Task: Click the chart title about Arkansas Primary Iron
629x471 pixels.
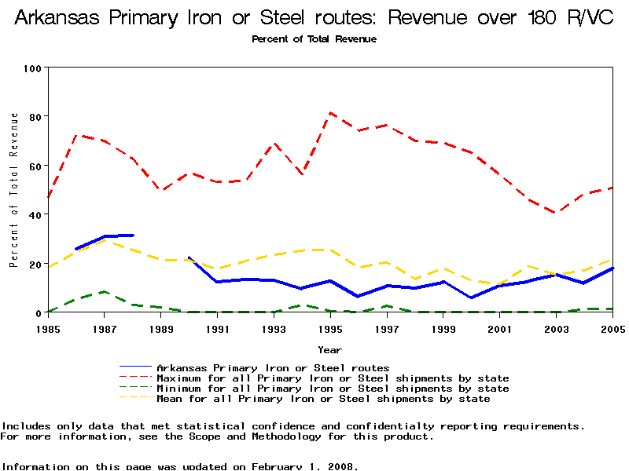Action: pyautogui.click(x=314, y=18)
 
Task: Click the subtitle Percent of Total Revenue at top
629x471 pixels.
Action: pyautogui.click(x=314, y=38)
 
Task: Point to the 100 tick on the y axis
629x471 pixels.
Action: pyautogui.click(x=31, y=68)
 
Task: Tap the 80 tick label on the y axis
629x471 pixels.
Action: pyautogui.click(x=35, y=116)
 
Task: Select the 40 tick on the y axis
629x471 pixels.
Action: pyautogui.click(x=35, y=214)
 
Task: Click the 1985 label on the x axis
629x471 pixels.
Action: pyautogui.click(x=48, y=329)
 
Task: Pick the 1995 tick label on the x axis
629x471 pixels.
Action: pyautogui.click(x=330, y=329)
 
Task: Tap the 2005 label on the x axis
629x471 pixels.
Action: pyautogui.click(x=612, y=329)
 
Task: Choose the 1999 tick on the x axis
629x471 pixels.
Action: pyautogui.click(x=443, y=329)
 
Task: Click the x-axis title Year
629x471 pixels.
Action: pyautogui.click(x=329, y=349)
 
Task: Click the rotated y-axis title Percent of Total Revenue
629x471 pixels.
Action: pyautogui.click(x=14, y=189)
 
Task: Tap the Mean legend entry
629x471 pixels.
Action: pyautogui.click(x=323, y=399)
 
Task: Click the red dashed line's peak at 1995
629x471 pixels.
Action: pyautogui.click(x=331, y=113)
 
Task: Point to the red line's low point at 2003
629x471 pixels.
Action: pyautogui.click(x=556, y=213)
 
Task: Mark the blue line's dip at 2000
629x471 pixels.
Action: pyautogui.click(x=472, y=298)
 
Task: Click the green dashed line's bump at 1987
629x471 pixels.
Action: pyautogui.click(x=105, y=292)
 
